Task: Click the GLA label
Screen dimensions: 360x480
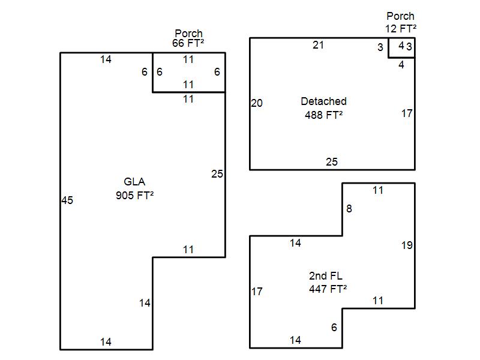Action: click(134, 182)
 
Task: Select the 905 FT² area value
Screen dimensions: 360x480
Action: click(134, 194)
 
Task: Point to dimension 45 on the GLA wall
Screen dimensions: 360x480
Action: click(67, 200)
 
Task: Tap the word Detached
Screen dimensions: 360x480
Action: click(323, 101)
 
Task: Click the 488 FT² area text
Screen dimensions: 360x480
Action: click(323, 114)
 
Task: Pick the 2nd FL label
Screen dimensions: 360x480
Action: click(326, 276)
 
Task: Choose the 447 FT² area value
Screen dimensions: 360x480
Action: click(328, 289)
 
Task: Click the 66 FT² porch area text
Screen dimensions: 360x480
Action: click(188, 43)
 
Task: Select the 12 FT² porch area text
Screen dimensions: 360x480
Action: click(400, 28)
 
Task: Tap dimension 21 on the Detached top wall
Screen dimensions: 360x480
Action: click(318, 45)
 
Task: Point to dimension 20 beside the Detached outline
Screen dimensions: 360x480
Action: click(257, 103)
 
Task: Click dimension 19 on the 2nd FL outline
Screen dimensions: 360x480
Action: click(407, 245)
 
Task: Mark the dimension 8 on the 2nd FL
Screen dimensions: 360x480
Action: click(349, 209)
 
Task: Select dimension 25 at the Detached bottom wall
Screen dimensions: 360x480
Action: click(332, 161)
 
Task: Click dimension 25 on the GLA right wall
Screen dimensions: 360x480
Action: click(217, 174)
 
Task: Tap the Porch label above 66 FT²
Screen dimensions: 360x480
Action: click(188, 33)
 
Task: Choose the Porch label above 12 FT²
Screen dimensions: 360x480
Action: click(400, 16)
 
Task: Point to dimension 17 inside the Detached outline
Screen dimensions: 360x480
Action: click(407, 113)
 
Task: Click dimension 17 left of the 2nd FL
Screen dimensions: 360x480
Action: click(257, 292)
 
